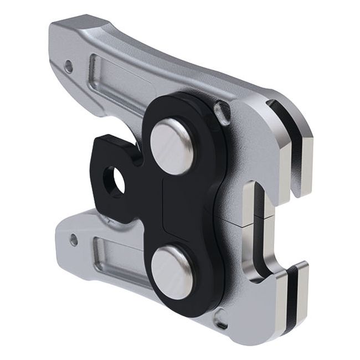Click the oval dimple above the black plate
click(223, 113)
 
